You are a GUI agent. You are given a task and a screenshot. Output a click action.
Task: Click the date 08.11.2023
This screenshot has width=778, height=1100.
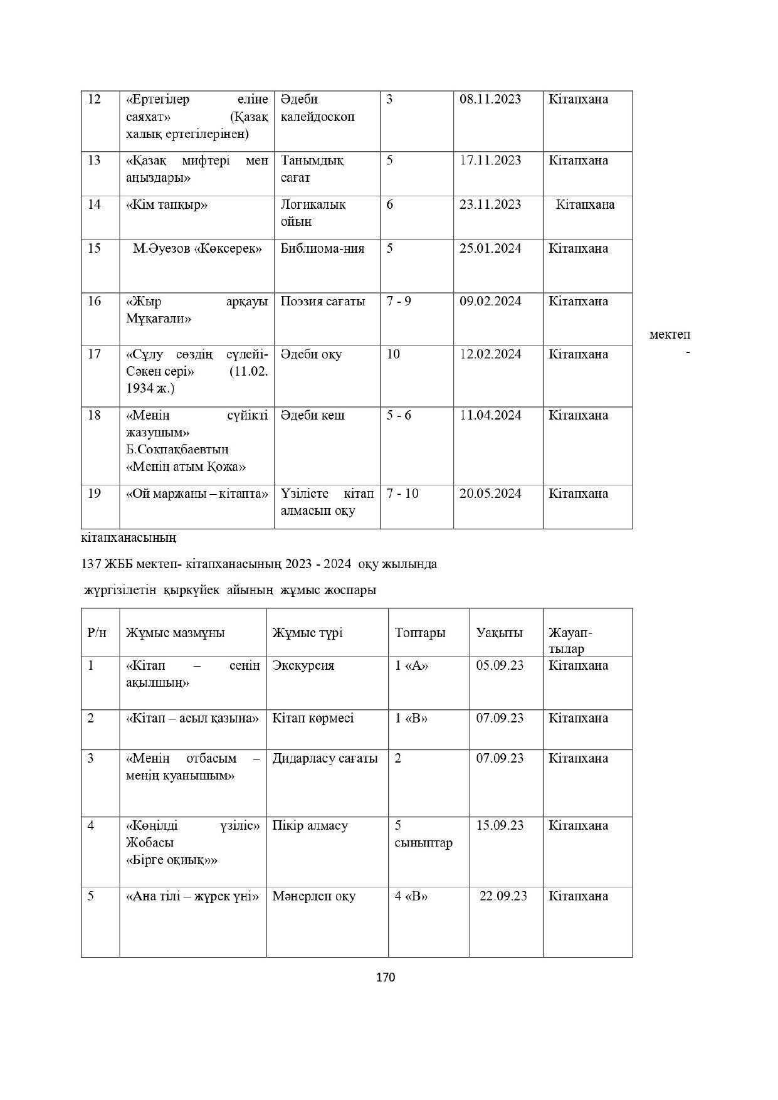point(490,99)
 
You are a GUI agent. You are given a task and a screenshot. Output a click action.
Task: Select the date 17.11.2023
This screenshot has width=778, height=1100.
point(490,161)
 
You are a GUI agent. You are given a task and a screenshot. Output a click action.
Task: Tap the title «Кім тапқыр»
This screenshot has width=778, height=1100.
point(167,204)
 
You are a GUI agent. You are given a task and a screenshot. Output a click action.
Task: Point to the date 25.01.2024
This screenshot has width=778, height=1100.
point(490,248)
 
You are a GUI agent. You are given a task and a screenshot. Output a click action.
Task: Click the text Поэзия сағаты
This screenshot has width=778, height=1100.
point(322,302)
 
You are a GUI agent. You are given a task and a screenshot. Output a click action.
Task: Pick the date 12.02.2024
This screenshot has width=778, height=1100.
point(490,354)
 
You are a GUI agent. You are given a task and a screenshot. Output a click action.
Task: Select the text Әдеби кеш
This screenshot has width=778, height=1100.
point(312,416)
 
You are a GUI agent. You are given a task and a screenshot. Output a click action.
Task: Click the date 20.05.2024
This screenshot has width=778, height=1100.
point(490,494)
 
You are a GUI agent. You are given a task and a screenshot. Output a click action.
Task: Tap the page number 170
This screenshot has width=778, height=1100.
point(386,977)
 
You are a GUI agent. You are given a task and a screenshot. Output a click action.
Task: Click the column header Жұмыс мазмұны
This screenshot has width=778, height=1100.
point(175,633)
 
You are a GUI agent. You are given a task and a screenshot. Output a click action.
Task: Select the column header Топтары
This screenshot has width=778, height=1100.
point(419,633)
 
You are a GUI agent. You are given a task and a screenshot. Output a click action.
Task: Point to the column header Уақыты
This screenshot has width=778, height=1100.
point(499,633)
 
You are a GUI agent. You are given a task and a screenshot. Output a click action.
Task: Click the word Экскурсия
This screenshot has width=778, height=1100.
point(303,665)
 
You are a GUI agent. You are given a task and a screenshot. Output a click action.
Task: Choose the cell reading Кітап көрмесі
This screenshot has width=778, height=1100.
point(313,718)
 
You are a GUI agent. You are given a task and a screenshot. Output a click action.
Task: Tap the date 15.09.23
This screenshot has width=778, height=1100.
point(500,825)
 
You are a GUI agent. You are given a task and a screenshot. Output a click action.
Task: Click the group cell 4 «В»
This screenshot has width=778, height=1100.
point(411,896)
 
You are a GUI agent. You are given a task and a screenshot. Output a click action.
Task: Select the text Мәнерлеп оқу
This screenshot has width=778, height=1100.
point(313,896)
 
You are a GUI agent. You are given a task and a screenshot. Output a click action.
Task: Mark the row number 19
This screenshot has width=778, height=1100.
point(94,494)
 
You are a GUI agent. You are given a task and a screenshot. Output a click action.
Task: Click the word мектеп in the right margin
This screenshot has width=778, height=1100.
point(670,335)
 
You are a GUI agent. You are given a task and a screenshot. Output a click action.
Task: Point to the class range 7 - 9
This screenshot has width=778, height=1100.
point(399,302)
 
